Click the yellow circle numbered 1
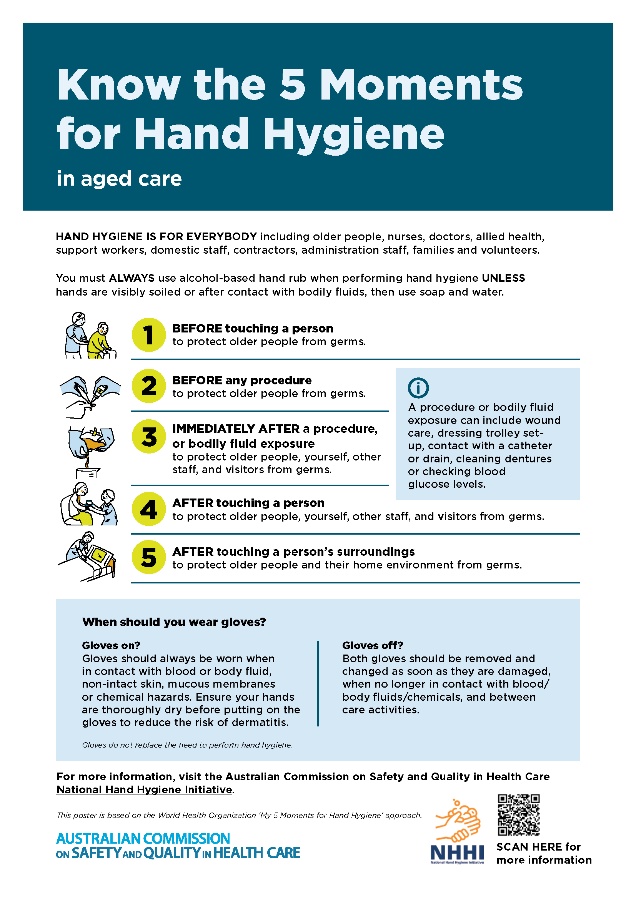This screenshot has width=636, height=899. tap(149, 335)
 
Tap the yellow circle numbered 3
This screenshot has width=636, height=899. tap(149, 437)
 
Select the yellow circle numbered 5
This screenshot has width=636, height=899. tap(149, 557)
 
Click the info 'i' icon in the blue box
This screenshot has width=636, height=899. tap(418, 388)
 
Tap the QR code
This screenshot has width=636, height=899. tap(518, 815)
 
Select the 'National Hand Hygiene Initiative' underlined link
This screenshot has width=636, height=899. tap(145, 789)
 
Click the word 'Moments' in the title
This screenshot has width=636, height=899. tap(421, 84)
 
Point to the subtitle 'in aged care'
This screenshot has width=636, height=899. tap(119, 179)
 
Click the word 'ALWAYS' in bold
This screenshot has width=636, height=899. tap(132, 278)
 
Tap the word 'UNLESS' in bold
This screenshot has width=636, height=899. tap(503, 278)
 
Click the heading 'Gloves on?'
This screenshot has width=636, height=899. tap(111, 645)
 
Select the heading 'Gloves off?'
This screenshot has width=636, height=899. tap(372, 645)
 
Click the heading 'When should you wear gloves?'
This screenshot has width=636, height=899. tap(174, 622)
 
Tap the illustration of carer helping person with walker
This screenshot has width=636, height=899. tap(90, 335)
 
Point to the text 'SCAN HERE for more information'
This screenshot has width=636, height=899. tap(544, 853)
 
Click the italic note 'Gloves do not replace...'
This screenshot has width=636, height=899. tap(187, 745)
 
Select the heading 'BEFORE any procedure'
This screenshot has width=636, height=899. tap(241, 380)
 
